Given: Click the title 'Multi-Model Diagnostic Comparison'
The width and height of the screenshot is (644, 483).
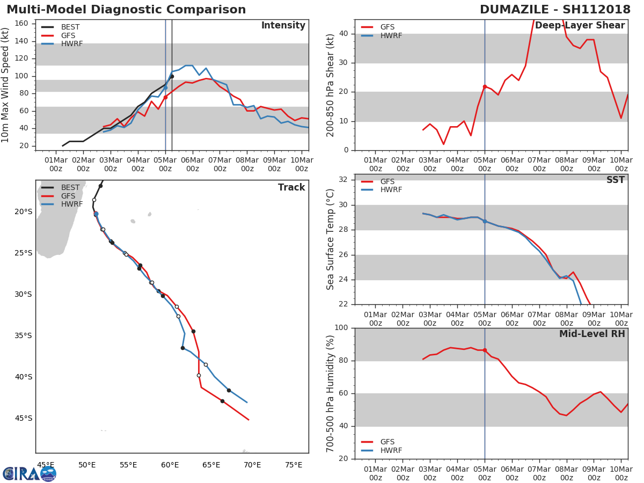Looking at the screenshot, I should click(x=126, y=10).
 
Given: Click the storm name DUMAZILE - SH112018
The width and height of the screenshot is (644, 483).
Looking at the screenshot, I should click(x=555, y=10).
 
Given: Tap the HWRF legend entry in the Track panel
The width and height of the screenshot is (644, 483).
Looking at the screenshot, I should click(x=71, y=204).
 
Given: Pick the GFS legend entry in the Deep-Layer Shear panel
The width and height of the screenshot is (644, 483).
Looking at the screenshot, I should click(x=387, y=27).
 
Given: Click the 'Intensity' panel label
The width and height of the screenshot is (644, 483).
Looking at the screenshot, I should click(x=283, y=26).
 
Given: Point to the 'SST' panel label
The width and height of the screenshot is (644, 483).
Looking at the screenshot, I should click(x=615, y=180).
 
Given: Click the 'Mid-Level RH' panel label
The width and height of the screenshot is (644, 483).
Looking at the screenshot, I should click(x=591, y=334).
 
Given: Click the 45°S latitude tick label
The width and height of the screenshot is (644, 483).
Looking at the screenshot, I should click(x=23, y=418).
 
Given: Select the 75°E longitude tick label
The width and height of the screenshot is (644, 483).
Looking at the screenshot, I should click(x=294, y=465).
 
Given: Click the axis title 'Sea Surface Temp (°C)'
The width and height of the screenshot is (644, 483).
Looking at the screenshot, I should click(x=331, y=240).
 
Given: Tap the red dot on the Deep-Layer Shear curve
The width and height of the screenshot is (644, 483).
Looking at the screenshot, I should click(x=485, y=86).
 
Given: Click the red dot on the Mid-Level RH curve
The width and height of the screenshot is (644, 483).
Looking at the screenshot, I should click(x=485, y=350).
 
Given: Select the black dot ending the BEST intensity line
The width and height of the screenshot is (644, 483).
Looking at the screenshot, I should click(x=172, y=76).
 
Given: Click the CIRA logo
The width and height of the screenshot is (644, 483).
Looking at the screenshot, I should click(x=30, y=473).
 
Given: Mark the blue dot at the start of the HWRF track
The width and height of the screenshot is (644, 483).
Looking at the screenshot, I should click(x=96, y=214).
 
